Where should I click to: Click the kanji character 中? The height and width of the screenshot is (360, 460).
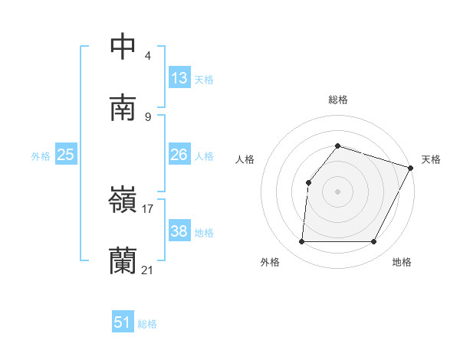(123, 47)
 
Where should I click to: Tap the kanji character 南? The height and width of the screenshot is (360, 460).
(123, 108)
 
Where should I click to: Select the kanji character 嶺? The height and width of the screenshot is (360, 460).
(123, 200)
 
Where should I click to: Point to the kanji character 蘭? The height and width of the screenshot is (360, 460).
(123, 261)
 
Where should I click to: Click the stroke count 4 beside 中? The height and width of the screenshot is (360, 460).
(147, 56)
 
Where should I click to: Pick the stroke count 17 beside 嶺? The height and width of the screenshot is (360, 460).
(148, 208)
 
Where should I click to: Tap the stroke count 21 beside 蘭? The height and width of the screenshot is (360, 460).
(148, 270)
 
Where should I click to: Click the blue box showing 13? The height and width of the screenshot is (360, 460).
(179, 78)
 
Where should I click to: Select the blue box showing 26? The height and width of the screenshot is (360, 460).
(179, 155)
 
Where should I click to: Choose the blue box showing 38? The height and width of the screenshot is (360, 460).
(179, 231)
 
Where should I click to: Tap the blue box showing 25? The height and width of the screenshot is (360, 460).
(66, 155)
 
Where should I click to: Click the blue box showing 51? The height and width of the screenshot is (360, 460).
(123, 322)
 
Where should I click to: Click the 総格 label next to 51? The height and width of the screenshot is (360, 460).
(147, 324)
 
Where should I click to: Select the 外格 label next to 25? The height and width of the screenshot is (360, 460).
(41, 156)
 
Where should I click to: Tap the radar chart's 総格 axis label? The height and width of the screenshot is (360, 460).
(338, 100)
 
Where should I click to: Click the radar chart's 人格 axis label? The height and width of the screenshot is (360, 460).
(245, 159)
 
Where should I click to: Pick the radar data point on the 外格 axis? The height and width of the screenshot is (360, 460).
(301, 242)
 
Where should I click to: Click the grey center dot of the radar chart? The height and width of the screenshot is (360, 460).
(338, 191)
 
